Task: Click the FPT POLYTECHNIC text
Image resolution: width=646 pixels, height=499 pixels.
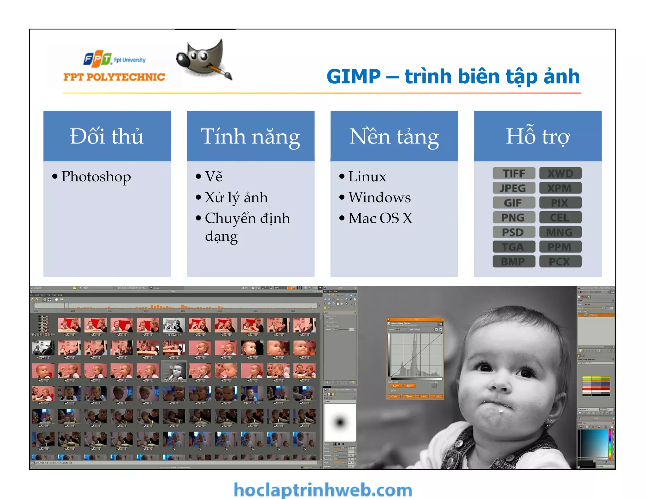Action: [114, 77]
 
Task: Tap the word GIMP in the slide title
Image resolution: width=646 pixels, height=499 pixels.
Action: [354, 77]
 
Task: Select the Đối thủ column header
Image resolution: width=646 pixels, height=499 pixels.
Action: [107, 136]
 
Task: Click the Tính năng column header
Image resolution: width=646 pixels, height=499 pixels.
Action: [250, 136]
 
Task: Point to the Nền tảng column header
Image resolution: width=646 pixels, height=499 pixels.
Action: [394, 136]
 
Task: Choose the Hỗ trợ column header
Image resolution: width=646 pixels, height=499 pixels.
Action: [537, 136]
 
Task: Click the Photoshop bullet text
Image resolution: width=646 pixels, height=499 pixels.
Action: [96, 177]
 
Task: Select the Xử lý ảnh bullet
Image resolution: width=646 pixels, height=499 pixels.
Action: [236, 197]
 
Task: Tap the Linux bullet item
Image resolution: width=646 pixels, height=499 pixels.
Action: [367, 177]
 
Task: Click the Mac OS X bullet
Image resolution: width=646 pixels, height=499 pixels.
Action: [380, 218]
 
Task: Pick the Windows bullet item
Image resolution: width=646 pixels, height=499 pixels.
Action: [379, 197]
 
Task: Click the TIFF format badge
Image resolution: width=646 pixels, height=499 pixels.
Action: [514, 173]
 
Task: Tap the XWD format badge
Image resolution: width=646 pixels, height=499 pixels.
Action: [560, 173]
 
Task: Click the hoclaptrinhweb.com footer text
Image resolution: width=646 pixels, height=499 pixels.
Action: [323, 490]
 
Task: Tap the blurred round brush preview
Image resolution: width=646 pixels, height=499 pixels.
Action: [340, 422]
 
